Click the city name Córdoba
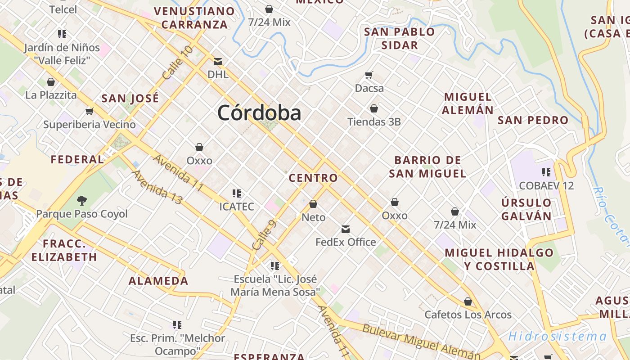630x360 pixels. pyautogui.click(x=259, y=112)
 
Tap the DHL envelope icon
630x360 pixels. pyautogui.click(x=218, y=61)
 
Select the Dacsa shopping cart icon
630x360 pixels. pyautogui.click(x=369, y=75)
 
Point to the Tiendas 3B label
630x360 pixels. pyautogui.click(x=374, y=121)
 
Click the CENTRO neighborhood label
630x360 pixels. pyautogui.click(x=313, y=178)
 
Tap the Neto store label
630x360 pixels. pyautogui.click(x=313, y=217)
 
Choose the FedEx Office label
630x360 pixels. pyautogui.click(x=346, y=242)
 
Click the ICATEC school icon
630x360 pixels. pyautogui.click(x=237, y=193)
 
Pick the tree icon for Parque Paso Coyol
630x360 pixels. pyautogui.click(x=82, y=201)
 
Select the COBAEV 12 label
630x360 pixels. pyautogui.click(x=546, y=185)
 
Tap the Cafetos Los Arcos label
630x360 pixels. pyautogui.click(x=468, y=315)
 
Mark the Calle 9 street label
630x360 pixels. pyautogui.click(x=264, y=235)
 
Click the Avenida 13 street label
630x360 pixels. pyautogui.click(x=157, y=187)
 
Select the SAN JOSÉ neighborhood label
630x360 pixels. pyautogui.click(x=130, y=98)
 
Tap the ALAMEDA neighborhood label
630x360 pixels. pyautogui.click(x=158, y=281)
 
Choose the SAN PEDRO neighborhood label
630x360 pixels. pyautogui.click(x=533, y=120)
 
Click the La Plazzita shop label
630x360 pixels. pyautogui.click(x=51, y=95)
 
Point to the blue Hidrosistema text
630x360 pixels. pyautogui.click(x=557, y=336)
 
